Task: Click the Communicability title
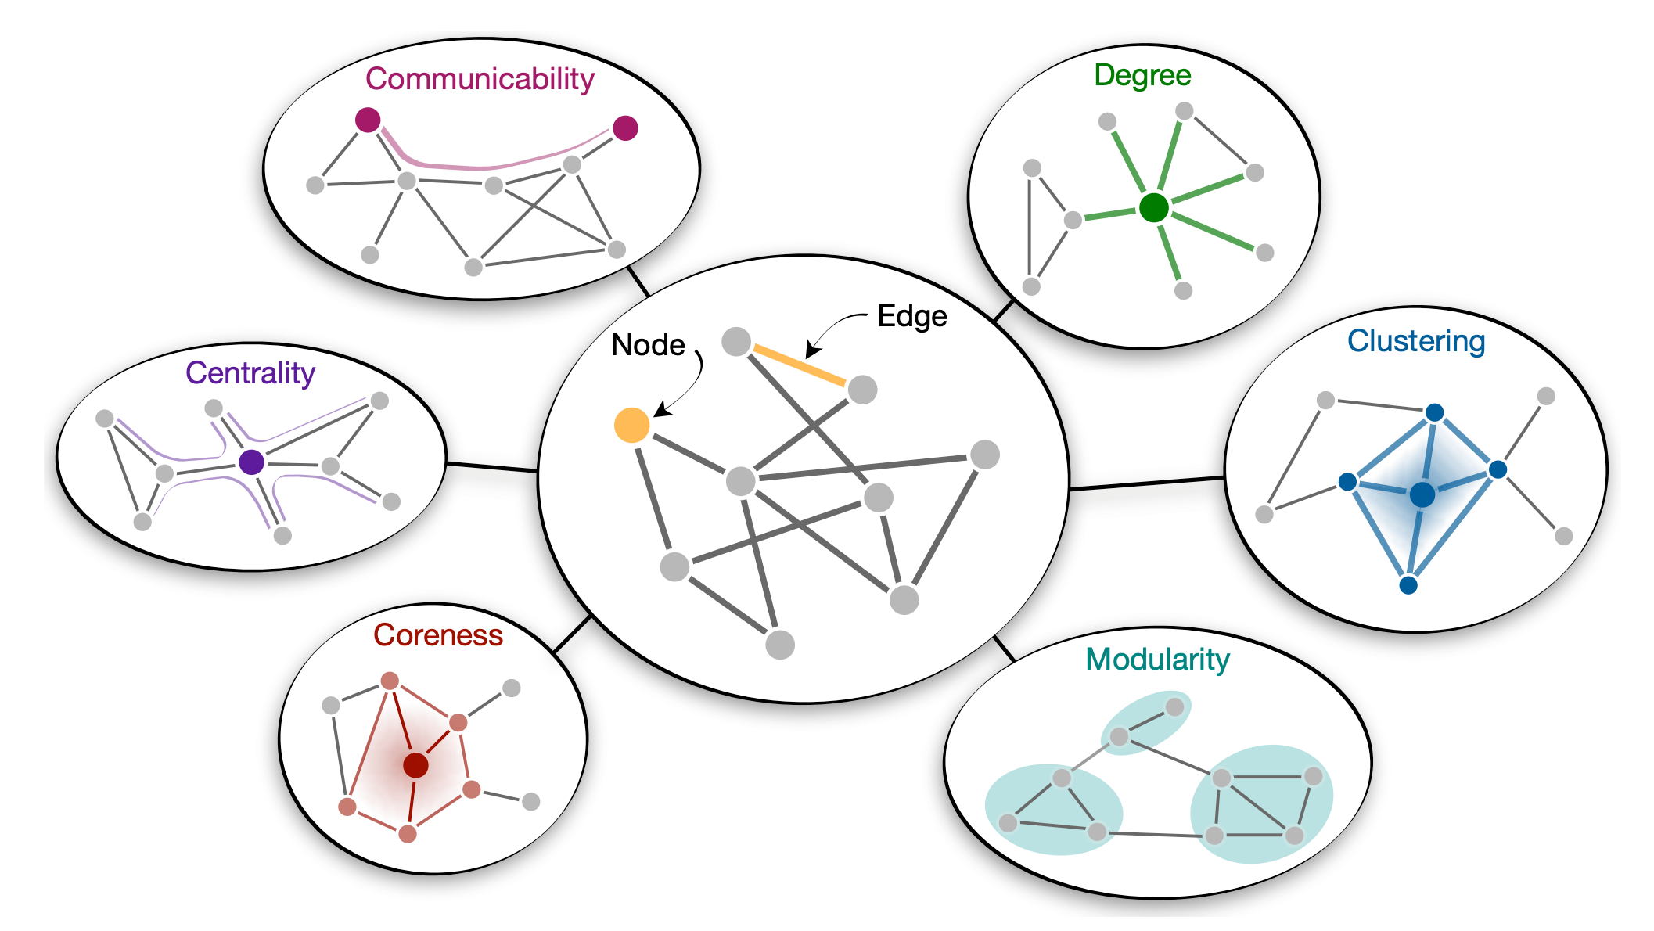tap(480, 80)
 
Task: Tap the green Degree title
tap(1142, 76)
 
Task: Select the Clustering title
tap(1416, 342)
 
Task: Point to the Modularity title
tap(1157, 660)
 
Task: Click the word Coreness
tap(438, 634)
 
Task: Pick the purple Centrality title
tap(250, 373)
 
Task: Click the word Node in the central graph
tap(648, 345)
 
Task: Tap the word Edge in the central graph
tap(912, 316)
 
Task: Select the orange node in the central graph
tap(632, 425)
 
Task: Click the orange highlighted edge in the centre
tap(799, 365)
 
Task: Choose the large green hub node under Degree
tap(1154, 208)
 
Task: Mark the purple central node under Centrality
tap(251, 462)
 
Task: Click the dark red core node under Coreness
tap(415, 765)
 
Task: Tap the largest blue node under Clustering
tap(1422, 494)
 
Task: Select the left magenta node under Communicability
tap(368, 120)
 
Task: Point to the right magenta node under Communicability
tap(625, 128)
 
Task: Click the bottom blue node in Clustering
tap(1408, 584)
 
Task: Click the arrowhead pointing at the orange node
tap(660, 410)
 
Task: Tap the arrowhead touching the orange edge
tap(812, 349)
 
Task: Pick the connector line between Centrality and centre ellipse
tap(492, 467)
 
